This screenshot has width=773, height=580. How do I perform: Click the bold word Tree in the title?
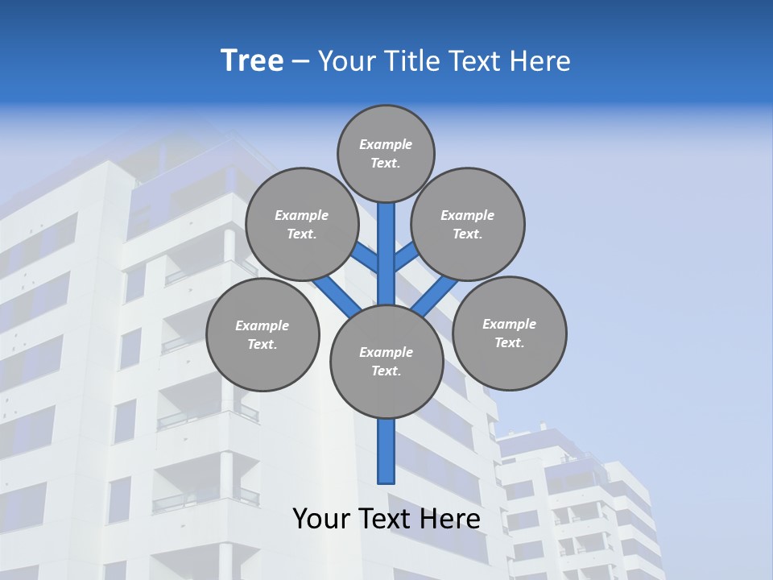252,60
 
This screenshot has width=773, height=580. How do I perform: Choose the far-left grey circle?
262,334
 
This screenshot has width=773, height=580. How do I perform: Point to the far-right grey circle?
509,333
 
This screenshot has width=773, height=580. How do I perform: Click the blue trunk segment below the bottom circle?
386,451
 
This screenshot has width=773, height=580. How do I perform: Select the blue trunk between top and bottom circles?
386,254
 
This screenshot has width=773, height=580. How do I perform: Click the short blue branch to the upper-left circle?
365,257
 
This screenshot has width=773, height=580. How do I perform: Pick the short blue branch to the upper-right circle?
407,255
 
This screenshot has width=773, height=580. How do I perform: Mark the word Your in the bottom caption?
322,519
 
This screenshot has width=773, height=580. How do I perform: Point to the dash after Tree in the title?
300,61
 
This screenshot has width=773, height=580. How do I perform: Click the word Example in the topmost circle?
386,144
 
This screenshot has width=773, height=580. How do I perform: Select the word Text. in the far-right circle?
509,342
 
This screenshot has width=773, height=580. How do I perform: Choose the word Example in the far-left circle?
262,325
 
